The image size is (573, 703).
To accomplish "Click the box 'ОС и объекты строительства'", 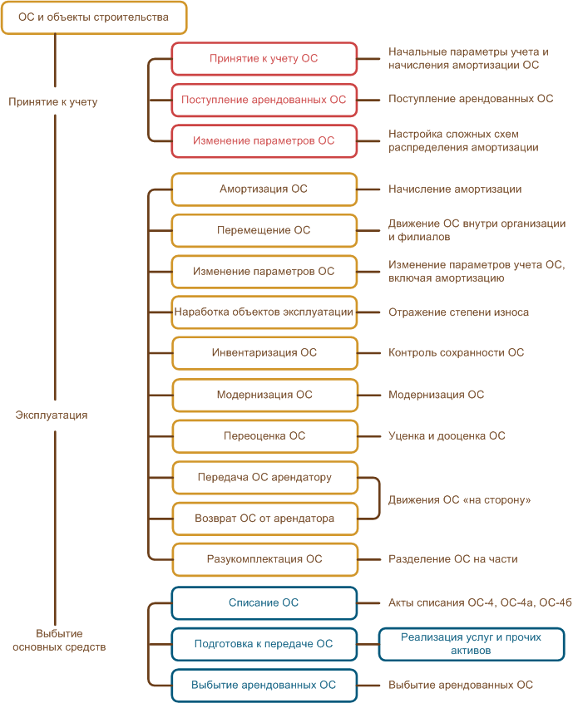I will pos(93,17).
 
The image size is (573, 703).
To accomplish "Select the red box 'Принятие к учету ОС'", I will pos(264,59).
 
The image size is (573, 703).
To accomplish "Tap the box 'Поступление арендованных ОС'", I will pos(264,100).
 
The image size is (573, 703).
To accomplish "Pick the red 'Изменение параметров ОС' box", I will pos(264,141).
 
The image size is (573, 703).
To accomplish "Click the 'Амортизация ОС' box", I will pos(264,189).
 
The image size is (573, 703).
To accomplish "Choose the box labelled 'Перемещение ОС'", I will pos(264,230).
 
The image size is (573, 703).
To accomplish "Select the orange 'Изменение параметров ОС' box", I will pos(264,272).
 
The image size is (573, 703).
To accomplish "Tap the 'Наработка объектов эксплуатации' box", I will pos(264,312).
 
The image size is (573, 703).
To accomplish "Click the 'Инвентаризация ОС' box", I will pos(264,353).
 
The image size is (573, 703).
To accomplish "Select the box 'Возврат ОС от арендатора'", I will pos(264,519).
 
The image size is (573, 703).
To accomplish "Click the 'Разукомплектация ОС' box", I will pos(264,559).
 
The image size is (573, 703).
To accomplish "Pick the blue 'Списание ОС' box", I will pos(264,603).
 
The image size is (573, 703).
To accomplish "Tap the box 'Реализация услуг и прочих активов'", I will pos(471,644).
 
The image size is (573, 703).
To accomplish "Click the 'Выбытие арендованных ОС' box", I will pos(264,686).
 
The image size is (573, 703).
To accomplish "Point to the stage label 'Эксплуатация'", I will pos(52,415).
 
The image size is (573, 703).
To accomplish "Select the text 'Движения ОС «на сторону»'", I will pos(459,500).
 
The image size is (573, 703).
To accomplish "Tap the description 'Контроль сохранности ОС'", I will pos(456,353).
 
